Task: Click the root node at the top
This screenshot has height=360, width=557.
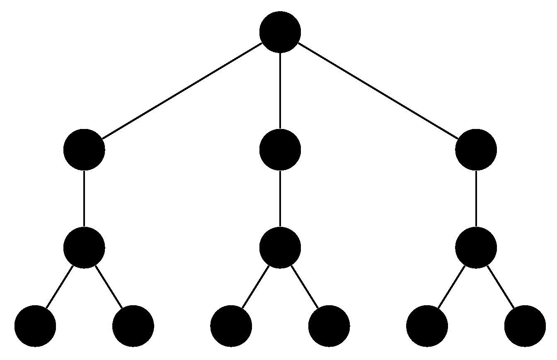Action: [280, 32]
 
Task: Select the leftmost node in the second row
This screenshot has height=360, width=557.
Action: [84, 149]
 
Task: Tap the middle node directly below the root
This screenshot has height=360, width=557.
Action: [280, 149]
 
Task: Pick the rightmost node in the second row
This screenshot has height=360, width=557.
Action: [476, 149]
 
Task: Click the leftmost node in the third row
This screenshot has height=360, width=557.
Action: [84, 248]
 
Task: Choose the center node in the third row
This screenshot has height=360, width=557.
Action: [280, 248]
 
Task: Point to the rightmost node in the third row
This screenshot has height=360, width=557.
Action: [476, 248]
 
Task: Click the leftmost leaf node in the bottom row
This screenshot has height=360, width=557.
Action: [35, 326]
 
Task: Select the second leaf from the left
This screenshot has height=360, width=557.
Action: [133, 326]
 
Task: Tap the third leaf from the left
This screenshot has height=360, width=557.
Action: [231, 326]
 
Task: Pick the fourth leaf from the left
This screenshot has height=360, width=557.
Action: [329, 326]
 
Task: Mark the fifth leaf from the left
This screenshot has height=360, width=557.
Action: [427, 326]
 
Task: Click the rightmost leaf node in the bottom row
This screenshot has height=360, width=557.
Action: [525, 326]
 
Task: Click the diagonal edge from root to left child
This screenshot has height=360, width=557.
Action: [182, 91]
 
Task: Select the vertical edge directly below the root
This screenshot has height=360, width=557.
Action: [280, 91]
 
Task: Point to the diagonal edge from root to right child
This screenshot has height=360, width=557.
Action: [378, 91]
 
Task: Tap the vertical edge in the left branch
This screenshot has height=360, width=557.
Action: [84, 199]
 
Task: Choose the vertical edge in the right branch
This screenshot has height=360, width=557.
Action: [476, 199]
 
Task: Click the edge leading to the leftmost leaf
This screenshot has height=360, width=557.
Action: [60, 287]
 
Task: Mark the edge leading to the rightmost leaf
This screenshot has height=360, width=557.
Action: [500, 287]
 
